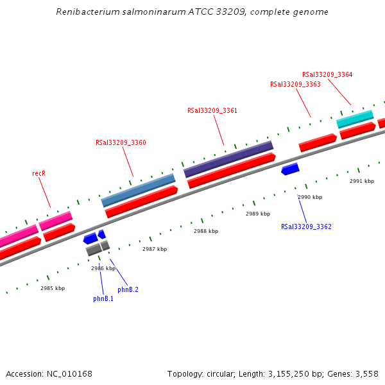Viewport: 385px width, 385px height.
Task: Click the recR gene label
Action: tap(39, 173)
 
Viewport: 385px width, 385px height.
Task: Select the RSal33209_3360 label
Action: tap(121, 143)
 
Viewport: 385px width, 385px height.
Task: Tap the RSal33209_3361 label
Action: tap(212, 110)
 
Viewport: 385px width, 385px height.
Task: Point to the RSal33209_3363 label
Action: tap(295, 84)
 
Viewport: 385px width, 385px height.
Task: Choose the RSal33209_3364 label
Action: tap(327, 74)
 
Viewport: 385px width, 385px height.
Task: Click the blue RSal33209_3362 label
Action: tap(306, 227)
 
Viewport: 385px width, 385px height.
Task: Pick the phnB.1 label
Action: tap(103, 298)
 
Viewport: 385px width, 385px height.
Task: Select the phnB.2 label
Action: tap(128, 289)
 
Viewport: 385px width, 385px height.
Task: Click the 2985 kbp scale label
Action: tap(53, 288)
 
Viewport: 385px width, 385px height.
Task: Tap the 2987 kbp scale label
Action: tap(155, 249)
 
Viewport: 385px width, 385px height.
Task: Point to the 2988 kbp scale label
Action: tap(206, 231)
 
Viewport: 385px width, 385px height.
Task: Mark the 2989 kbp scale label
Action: tap(258, 214)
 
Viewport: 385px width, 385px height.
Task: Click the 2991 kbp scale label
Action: tap(362, 181)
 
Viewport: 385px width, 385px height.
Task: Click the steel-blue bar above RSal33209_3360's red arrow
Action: tap(138, 190)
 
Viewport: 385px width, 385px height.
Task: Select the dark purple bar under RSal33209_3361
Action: tap(228, 159)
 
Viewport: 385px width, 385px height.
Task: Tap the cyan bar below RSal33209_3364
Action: tap(355, 118)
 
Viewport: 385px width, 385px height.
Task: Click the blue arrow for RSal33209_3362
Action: tap(290, 169)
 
